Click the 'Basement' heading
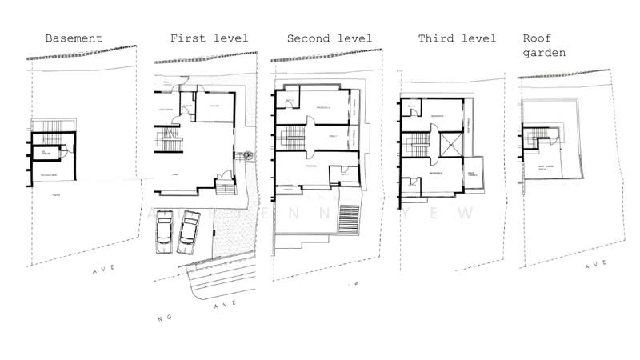[74, 38]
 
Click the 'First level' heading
[209, 38]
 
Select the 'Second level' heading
[330, 38]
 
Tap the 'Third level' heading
[458, 38]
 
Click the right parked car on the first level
[189, 229]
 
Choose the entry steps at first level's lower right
[226, 187]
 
